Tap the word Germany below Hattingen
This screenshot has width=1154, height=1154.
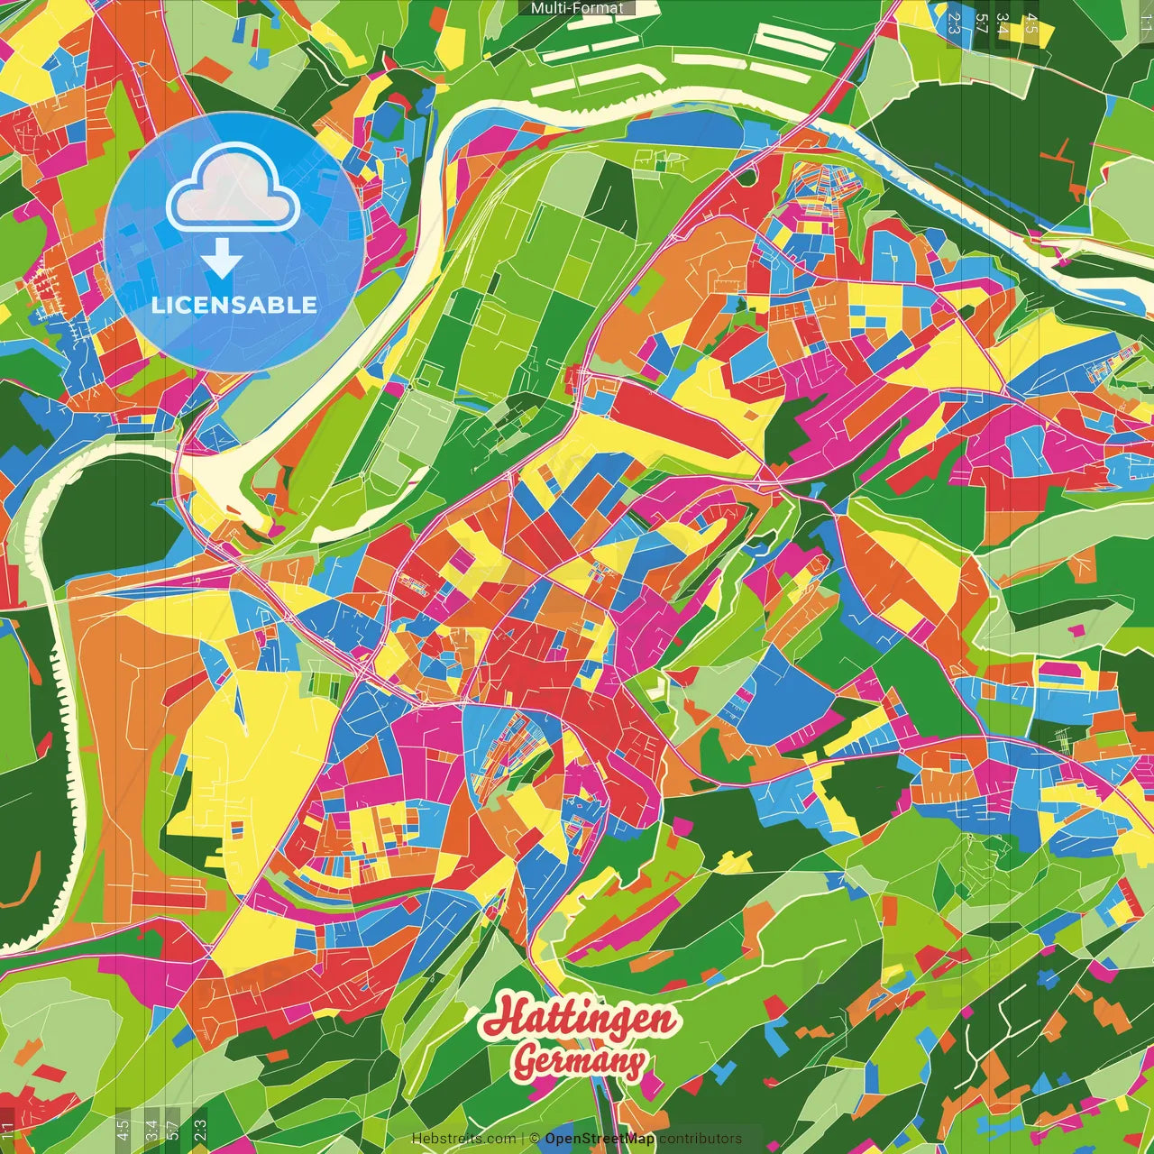(579, 1061)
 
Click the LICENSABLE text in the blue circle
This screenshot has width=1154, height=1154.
(234, 305)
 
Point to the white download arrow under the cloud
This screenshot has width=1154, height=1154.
(221, 259)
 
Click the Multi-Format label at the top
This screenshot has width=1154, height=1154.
(577, 8)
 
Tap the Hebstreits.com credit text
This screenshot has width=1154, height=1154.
(463, 1139)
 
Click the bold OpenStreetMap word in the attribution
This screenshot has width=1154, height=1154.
(600, 1139)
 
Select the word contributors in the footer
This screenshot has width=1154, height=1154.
(701, 1139)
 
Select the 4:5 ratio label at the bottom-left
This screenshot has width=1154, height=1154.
(123, 1129)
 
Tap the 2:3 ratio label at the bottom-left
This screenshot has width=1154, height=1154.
(200, 1129)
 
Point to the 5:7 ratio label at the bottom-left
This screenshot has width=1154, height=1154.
(172, 1129)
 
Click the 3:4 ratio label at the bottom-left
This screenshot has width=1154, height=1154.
(151, 1129)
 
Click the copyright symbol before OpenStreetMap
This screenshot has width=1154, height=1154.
(534, 1139)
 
